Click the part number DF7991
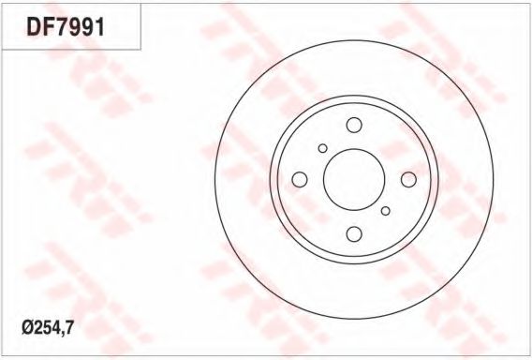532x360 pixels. coord(66,27)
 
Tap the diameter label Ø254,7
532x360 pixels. coord(48,328)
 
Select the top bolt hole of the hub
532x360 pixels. coord(354,125)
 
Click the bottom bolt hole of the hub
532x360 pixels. coord(354,234)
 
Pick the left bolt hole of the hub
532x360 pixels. coord(300,179)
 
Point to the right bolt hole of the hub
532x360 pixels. coord(408,179)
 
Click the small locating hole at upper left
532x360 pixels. coord(322,148)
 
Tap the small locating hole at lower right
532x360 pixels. coord(386,211)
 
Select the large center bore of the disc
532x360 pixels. coord(354,179)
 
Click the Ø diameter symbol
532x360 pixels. coord(27,328)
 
